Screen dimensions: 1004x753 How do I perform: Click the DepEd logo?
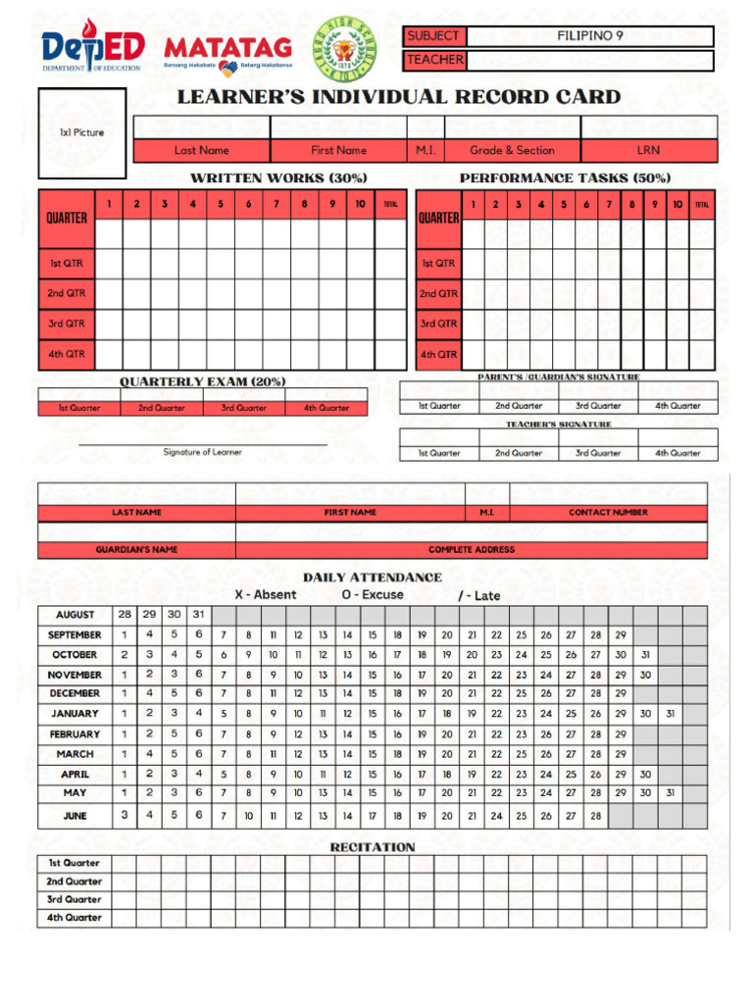pos(93,48)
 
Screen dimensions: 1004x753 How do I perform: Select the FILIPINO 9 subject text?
pos(590,36)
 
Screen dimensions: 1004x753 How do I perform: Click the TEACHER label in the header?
pos(434,60)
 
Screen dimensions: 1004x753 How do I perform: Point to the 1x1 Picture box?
pos(82,133)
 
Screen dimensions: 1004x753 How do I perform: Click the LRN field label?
pos(648,151)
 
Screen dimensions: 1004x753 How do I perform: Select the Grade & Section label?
pos(512,151)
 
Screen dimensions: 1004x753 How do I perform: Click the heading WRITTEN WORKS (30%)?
pos(278,178)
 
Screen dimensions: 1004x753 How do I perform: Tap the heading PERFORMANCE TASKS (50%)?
pos(565,178)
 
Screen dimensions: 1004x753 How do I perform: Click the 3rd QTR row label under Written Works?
pos(67,324)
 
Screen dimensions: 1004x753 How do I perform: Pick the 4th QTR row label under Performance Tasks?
pos(438,355)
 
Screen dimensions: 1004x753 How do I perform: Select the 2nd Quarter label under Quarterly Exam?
pos(161,408)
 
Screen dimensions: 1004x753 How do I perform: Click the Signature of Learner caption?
pos(202,452)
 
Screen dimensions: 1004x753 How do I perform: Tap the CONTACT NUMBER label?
pos(608,513)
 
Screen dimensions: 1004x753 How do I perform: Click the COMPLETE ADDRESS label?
pos(471,550)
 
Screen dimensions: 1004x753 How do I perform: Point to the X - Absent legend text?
pos(265,595)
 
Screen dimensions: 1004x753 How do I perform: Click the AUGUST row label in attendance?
pos(75,615)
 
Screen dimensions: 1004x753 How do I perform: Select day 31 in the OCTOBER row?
pos(645,655)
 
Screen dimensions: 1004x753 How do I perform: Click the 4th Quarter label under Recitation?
pos(75,919)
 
